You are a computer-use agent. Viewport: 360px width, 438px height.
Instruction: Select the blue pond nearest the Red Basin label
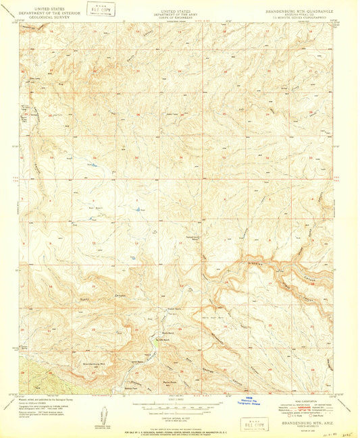point(141,211)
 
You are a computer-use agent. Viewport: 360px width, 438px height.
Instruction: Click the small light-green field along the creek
point(158,344)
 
